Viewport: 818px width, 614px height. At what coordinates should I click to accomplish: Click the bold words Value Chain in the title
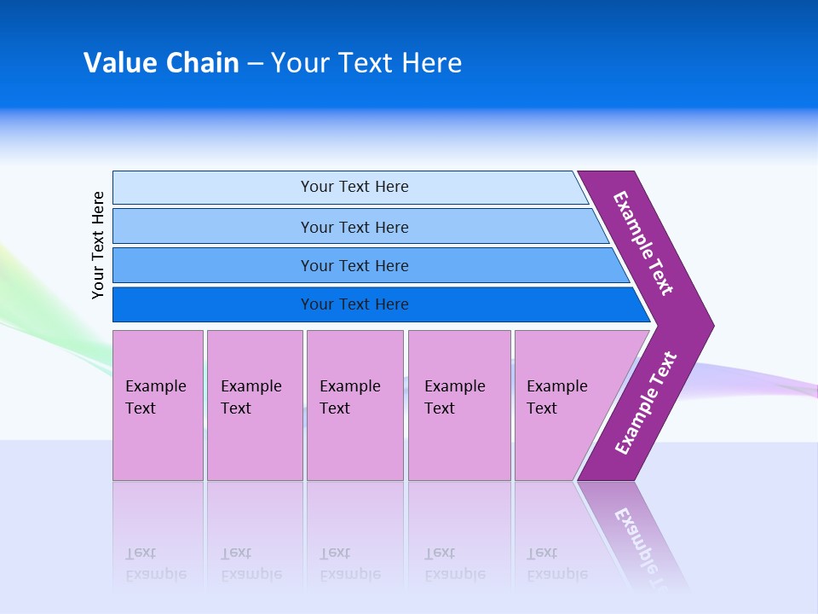click(x=161, y=63)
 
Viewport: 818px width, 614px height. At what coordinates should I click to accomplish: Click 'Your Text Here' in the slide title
click(x=366, y=63)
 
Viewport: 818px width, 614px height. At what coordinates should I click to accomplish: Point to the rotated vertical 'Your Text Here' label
click(x=99, y=245)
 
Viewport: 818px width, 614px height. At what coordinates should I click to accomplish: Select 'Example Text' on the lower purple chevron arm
click(x=646, y=403)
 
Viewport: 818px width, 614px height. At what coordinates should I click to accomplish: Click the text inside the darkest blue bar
click(x=354, y=304)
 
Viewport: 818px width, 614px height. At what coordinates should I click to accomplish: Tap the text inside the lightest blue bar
click(x=354, y=187)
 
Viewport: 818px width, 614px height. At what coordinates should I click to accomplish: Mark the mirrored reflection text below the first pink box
click(x=156, y=563)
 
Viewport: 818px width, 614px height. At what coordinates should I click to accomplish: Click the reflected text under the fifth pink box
click(x=557, y=563)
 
